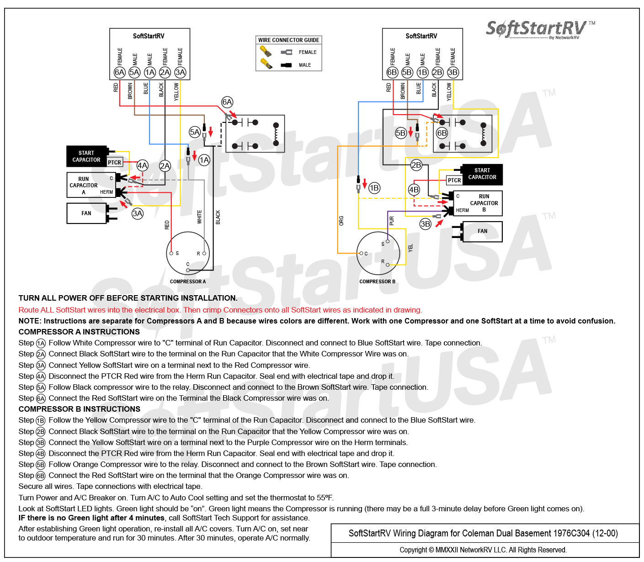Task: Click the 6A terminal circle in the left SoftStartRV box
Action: [x=119, y=72]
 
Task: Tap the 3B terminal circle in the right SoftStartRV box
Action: [x=452, y=72]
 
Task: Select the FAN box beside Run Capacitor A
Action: [x=86, y=213]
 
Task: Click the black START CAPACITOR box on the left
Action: [x=86, y=156]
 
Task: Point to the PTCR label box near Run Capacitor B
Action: [x=454, y=180]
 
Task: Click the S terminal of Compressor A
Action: [x=171, y=253]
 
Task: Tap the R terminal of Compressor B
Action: [x=388, y=265]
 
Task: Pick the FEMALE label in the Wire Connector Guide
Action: [x=308, y=52]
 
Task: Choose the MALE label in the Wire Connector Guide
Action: [x=305, y=65]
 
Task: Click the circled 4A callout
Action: [x=142, y=165]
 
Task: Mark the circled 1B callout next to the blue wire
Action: [x=374, y=188]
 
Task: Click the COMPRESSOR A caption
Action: [x=188, y=281]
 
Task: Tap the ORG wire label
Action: [x=341, y=221]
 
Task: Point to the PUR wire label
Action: [x=392, y=221]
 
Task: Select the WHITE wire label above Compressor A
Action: [x=199, y=217]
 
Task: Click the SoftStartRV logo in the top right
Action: [x=540, y=29]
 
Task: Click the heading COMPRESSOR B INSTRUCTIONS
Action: [x=80, y=409]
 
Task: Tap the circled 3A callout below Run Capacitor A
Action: [x=137, y=214]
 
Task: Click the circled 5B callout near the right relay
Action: [x=401, y=133]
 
